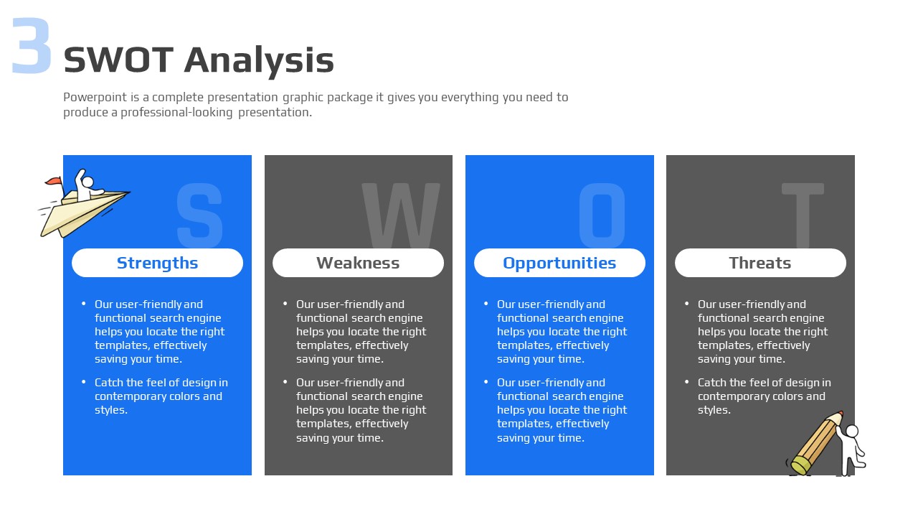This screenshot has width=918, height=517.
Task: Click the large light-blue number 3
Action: pos(32,46)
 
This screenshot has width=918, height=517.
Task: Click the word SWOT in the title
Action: pos(119,60)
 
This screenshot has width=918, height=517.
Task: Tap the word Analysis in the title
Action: pos(259,62)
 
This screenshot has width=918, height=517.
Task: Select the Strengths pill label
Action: pos(157,263)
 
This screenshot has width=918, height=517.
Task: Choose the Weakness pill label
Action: pos(358,263)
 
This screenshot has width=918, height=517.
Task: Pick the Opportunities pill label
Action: pos(559,263)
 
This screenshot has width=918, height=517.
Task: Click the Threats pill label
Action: pos(760,263)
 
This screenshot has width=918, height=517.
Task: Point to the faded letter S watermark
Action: pos(199,216)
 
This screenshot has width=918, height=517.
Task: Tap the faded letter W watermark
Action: pos(401,216)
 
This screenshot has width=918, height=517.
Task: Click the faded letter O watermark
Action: pos(602,216)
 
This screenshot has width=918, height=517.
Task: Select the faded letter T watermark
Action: pos(803,216)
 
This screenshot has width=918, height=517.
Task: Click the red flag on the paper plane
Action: pos(54,180)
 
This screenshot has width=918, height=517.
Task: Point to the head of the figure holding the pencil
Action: pos(851,432)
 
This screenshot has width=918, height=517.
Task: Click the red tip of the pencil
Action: pos(841,414)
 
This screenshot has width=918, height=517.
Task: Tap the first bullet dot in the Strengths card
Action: pos(84,304)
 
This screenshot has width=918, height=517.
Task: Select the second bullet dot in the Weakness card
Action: pos(285,382)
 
